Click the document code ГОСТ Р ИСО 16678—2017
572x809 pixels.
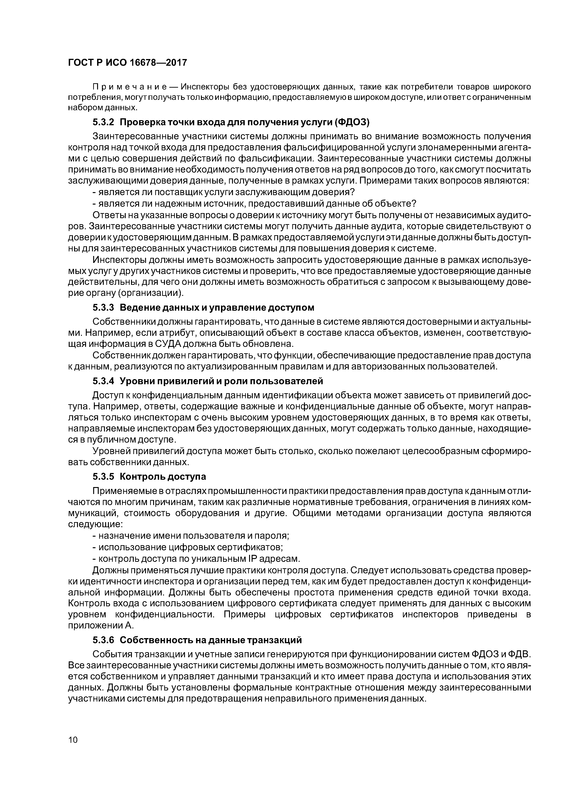(x=127, y=63)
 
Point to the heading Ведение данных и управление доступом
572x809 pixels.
(x=217, y=308)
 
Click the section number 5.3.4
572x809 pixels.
(x=103, y=381)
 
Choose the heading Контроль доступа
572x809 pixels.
(x=163, y=477)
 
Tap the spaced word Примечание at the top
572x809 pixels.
(x=129, y=87)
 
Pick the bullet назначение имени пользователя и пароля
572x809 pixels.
(x=190, y=536)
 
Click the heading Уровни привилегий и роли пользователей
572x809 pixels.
(x=221, y=381)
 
